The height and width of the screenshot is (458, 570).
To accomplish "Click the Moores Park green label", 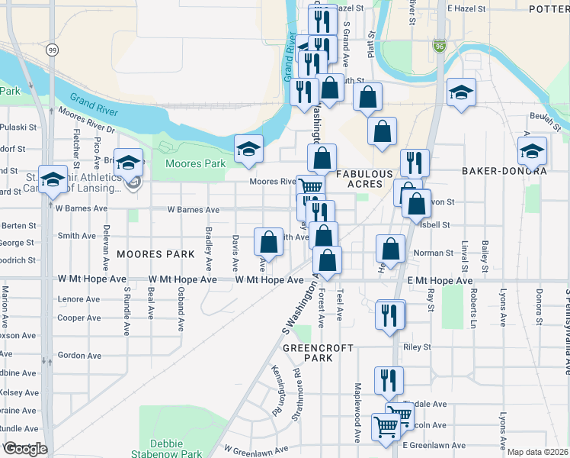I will tap(196, 163).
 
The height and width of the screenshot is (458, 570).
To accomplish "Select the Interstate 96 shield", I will tap(440, 47).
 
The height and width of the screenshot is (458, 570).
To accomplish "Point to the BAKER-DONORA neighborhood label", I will tap(504, 172).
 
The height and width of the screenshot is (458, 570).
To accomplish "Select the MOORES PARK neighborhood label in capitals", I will tap(148, 253).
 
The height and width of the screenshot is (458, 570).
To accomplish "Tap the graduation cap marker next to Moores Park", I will tap(248, 150).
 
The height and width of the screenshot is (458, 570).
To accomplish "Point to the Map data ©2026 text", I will tap(538, 452).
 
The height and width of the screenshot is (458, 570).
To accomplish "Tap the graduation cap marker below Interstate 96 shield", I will tap(461, 93).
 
